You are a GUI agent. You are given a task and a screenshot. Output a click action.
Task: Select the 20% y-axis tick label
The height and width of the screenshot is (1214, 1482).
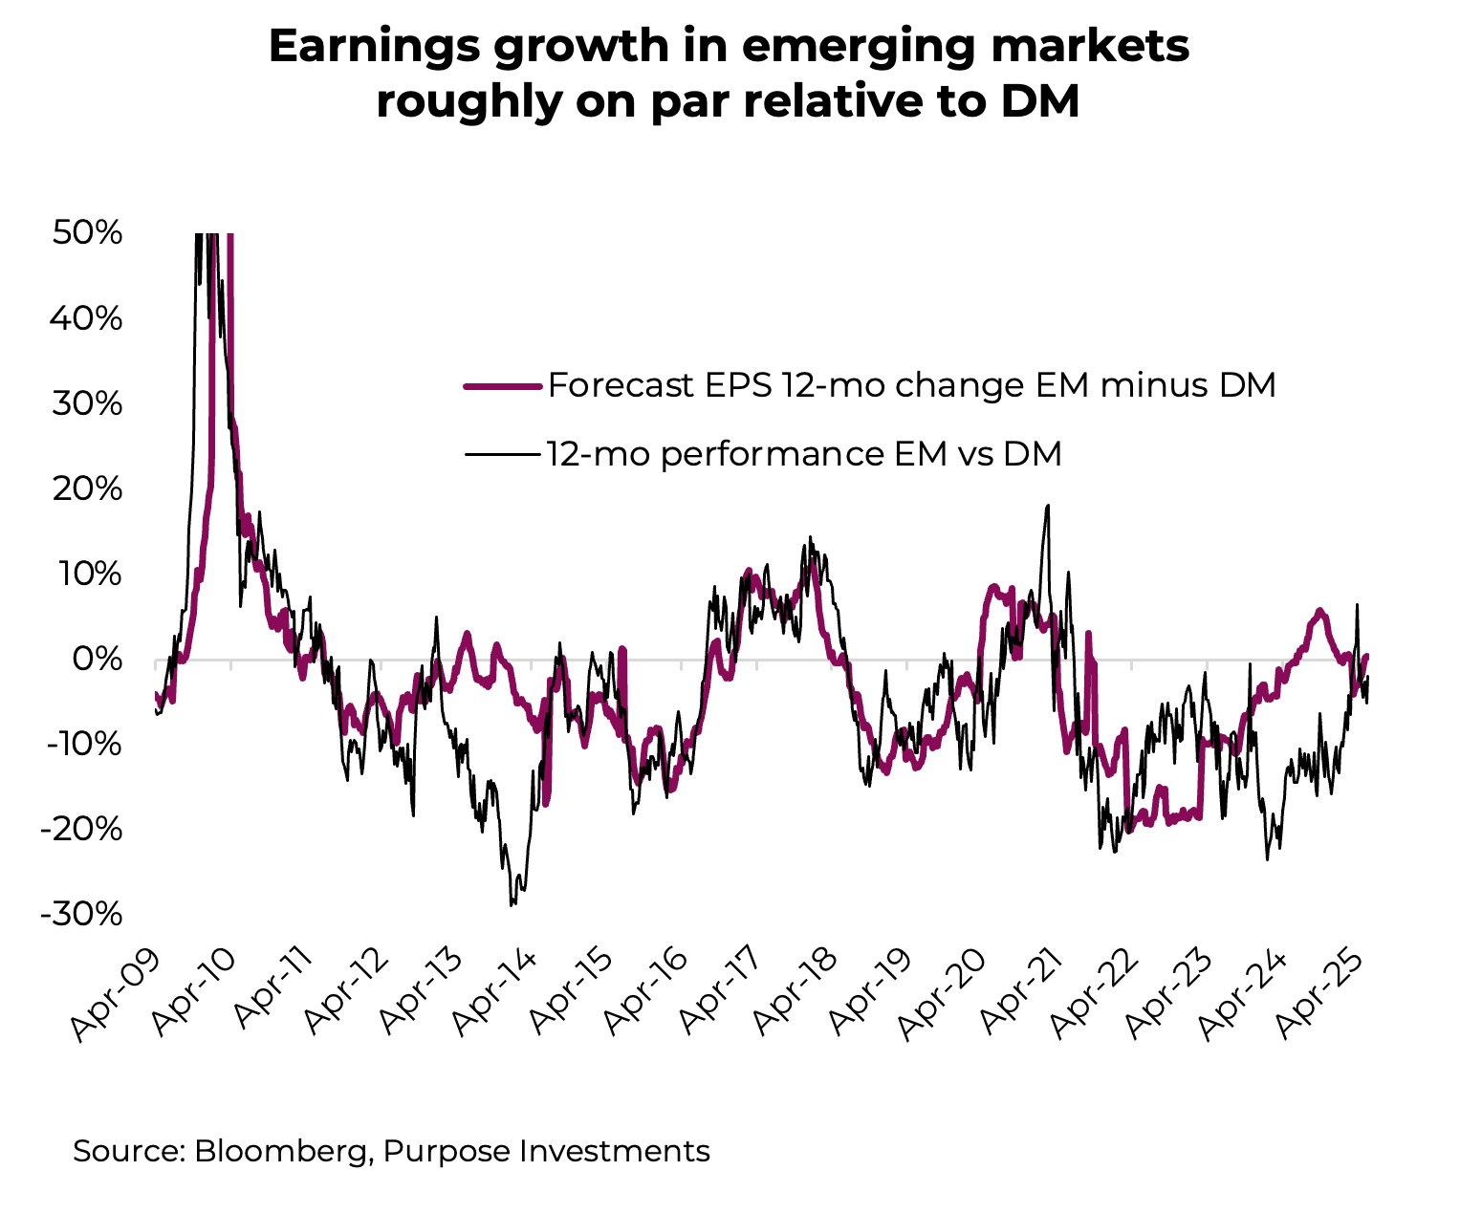point(87,488)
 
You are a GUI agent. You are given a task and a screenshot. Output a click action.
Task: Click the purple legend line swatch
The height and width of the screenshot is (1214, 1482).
point(504,386)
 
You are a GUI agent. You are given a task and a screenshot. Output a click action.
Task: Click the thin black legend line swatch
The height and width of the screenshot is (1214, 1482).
point(504,454)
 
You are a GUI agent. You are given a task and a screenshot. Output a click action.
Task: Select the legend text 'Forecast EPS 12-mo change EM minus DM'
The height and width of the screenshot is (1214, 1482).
point(911,385)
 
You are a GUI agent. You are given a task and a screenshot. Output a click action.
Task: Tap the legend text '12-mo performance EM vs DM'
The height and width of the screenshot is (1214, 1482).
point(804,453)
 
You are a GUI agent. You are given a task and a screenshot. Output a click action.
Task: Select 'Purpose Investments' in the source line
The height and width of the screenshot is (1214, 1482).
point(546,1150)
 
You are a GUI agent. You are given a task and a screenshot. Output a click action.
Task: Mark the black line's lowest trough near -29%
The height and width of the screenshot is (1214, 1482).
point(512,904)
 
